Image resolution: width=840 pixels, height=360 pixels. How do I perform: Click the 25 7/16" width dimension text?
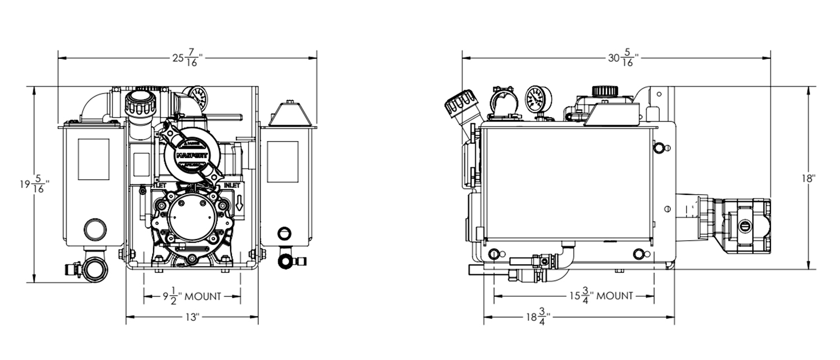pos(187,58)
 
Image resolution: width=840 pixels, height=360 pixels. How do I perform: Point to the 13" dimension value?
pos(192,317)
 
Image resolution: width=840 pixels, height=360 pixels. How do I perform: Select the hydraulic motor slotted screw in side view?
pos(745,226)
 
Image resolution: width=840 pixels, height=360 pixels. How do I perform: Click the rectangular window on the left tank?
pos(94,159)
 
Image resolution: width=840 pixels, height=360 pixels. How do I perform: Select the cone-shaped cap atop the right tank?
pos(289,115)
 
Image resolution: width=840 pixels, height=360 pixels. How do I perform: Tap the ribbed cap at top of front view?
pos(139,103)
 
